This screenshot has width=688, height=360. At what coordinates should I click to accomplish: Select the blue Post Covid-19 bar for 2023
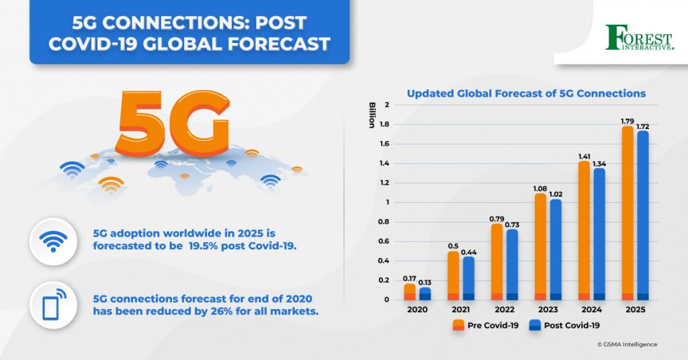pyautogui.click(x=556, y=249)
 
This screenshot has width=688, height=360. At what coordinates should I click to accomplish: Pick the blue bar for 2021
pyautogui.click(x=468, y=278)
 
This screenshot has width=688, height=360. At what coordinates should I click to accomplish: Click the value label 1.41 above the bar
pyautogui.click(x=584, y=156)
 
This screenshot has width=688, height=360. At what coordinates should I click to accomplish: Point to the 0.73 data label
pyautogui.click(x=512, y=225)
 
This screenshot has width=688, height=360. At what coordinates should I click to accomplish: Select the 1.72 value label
pyautogui.click(x=643, y=126)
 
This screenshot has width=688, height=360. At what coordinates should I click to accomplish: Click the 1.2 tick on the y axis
pyautogui.click(x=385, y=183)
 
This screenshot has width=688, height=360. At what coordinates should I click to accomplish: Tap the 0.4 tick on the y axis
pyautogui.click(x=385, y=261)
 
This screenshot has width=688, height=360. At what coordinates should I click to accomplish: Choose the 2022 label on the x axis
pyautogui.click(x=505, y=311)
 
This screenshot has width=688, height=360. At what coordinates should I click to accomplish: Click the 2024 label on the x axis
pyautogui.click(x=591, y=311)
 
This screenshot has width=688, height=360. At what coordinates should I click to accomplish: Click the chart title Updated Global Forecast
pyautogui.click(x=526, y=93)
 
